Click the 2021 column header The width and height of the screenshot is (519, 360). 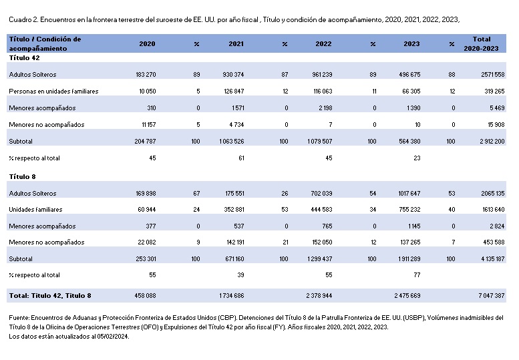point(236,43)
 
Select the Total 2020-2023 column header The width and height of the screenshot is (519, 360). point(481,43)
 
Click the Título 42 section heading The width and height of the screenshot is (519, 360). point(24,58)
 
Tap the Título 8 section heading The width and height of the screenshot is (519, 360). point(22,177)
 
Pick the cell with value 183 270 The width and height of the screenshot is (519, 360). point(146,74)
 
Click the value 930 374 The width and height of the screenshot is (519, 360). point(233,74)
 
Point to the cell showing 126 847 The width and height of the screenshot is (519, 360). point(234,91)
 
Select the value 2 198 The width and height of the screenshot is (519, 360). point(325,108)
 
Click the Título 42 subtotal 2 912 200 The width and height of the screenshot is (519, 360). point(492,142)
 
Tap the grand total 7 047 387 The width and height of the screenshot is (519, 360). point(492,295)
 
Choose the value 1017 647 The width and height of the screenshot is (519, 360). point(409,193)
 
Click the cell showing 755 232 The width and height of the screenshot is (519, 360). point(409,210)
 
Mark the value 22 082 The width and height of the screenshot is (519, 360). point(147,242)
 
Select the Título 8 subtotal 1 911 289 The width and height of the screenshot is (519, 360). point(409,258)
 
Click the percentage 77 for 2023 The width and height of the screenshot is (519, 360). point(417,275)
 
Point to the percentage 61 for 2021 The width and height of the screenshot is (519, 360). point(241,158)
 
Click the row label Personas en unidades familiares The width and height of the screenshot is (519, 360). point(53,92)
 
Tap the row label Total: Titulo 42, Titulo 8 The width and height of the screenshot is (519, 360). point(50,296)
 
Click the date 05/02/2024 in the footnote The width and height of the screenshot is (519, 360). point(112,337)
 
